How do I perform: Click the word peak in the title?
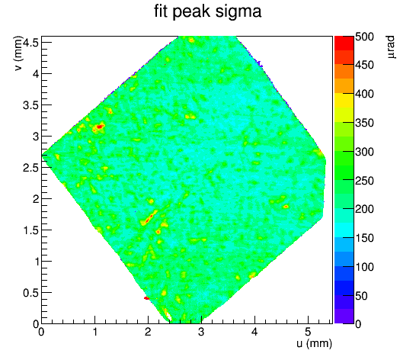click(x=192, y=12)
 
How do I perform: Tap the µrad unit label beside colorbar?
click(x=390, y=47)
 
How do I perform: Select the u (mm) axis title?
click(x=314, y=343)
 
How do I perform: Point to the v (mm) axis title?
click(x=18, y=53)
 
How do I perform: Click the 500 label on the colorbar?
click(x=364, y=37)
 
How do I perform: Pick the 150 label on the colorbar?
click(x=364, y=238)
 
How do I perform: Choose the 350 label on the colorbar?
click(x=364, y=123)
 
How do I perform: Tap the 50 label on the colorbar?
click(x=361, y=296)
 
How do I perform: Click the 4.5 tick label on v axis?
click(x=31, y=43)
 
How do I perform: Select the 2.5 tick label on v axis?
click(x=31, y=168)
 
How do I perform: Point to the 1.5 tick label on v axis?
click(x=31, y=230)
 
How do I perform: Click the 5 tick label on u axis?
click(x=308, y=332)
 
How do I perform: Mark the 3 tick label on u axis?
click(x=201, y=332)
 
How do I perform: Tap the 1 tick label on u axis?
click(x=94, y=332)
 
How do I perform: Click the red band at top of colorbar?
click(x=344, y=43)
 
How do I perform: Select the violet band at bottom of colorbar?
click(x=344, y=317)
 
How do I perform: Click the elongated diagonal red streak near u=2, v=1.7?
click(x=149, y=219)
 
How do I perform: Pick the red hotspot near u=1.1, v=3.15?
click(x=100, y=127)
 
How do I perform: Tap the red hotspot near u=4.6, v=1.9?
click(x=286, y=207)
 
